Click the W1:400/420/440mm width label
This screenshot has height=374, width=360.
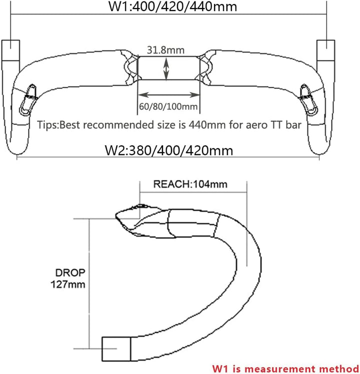point(172,6)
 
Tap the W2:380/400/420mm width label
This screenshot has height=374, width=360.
point(169,150)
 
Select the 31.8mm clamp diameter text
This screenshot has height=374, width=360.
point(165,50)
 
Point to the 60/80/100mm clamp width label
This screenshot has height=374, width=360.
point(168,106)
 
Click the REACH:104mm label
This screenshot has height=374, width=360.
point(190,184)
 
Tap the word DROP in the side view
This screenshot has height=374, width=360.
point(70,273)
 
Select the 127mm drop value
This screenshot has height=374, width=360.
point(68,284)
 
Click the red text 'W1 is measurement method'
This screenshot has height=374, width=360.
point(285,369)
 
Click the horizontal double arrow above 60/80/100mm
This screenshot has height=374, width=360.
point(168,95)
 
